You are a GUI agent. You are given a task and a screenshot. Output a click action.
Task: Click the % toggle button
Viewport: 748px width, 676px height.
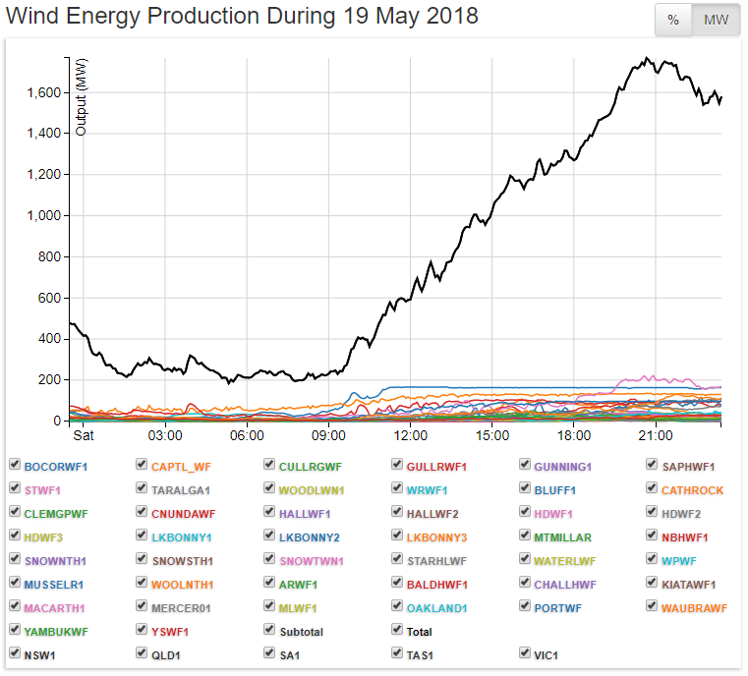tap(673, 21)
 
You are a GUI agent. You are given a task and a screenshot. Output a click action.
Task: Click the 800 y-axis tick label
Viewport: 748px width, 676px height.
tap(50, 256)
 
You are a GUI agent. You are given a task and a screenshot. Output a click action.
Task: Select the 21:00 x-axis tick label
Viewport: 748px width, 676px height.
tap(655, 435)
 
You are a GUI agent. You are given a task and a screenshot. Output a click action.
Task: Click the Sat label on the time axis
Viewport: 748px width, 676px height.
tap(84, 435)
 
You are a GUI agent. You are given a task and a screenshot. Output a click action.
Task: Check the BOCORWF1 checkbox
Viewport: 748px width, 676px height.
tap(15, 465)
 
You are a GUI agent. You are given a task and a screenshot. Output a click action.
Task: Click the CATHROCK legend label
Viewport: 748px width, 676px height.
tap(692, 489)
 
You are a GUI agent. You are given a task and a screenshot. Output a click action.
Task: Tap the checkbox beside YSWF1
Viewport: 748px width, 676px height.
tap(143, 631)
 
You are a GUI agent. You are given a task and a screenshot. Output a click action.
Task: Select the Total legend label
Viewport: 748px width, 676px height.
tap(420, 632)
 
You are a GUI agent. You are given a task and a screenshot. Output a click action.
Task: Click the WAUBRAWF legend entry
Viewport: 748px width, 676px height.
tap(694, 608)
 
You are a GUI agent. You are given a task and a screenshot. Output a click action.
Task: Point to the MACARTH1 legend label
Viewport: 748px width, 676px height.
tap(54, 608)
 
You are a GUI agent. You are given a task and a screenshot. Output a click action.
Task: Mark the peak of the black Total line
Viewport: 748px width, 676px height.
tap(646, 58)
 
